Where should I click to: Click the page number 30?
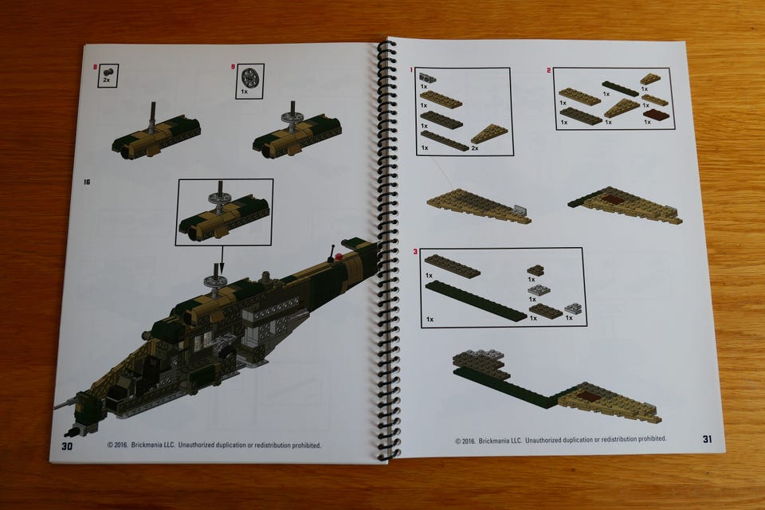coord(67,445)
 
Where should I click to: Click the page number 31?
coord(708,439)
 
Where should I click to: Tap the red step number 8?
coord(95,67)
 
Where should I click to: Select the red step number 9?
coord(233,67)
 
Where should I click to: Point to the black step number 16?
coord(87,182)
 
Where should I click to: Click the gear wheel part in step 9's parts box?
coord(249,77)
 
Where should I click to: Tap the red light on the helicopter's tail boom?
coord(339,256)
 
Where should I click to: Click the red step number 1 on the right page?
coord(411,70)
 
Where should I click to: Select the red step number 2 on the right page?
coord(549,71)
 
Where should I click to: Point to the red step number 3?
coord(415,251)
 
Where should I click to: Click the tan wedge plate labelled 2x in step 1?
coord(488,133)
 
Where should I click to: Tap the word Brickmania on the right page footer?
coord(497,440)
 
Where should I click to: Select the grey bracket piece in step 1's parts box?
coord(427,77)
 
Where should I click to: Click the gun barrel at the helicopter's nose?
coord(65,403)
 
